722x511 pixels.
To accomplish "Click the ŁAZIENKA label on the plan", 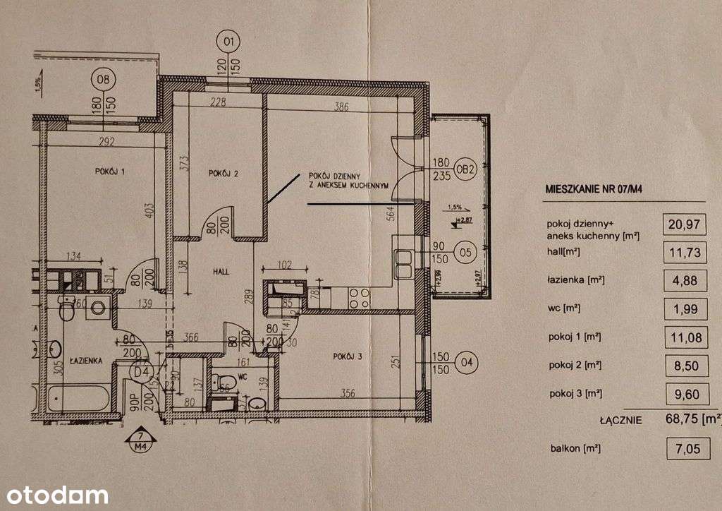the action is point(86,361).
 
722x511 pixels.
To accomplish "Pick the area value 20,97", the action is point(684,224).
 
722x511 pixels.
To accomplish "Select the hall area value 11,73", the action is point(684,252).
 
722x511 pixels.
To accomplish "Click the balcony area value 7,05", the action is point(684,448).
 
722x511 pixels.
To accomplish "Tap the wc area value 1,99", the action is point(684,308).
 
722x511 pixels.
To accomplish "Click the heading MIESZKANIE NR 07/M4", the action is point(598,189).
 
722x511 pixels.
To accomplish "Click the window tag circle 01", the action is point(228,42).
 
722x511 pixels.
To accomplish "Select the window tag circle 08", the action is point(104,78).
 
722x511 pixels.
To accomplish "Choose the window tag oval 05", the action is point(465,251).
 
